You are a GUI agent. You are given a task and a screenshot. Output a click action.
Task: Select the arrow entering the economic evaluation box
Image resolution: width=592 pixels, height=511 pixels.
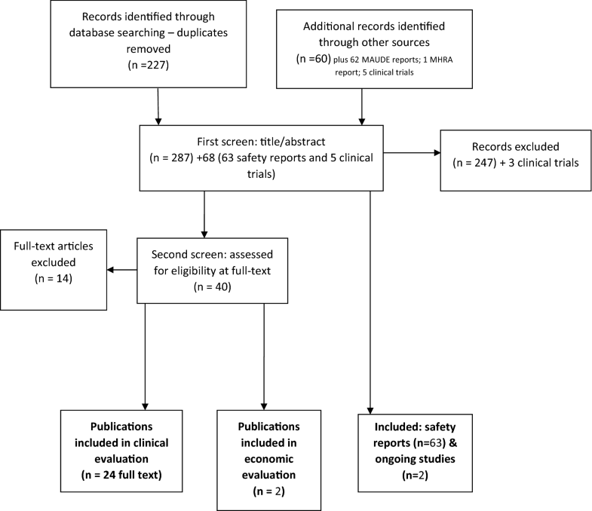coord(263,403)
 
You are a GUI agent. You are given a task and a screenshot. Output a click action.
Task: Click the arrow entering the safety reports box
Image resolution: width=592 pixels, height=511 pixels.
coord(370,403)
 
